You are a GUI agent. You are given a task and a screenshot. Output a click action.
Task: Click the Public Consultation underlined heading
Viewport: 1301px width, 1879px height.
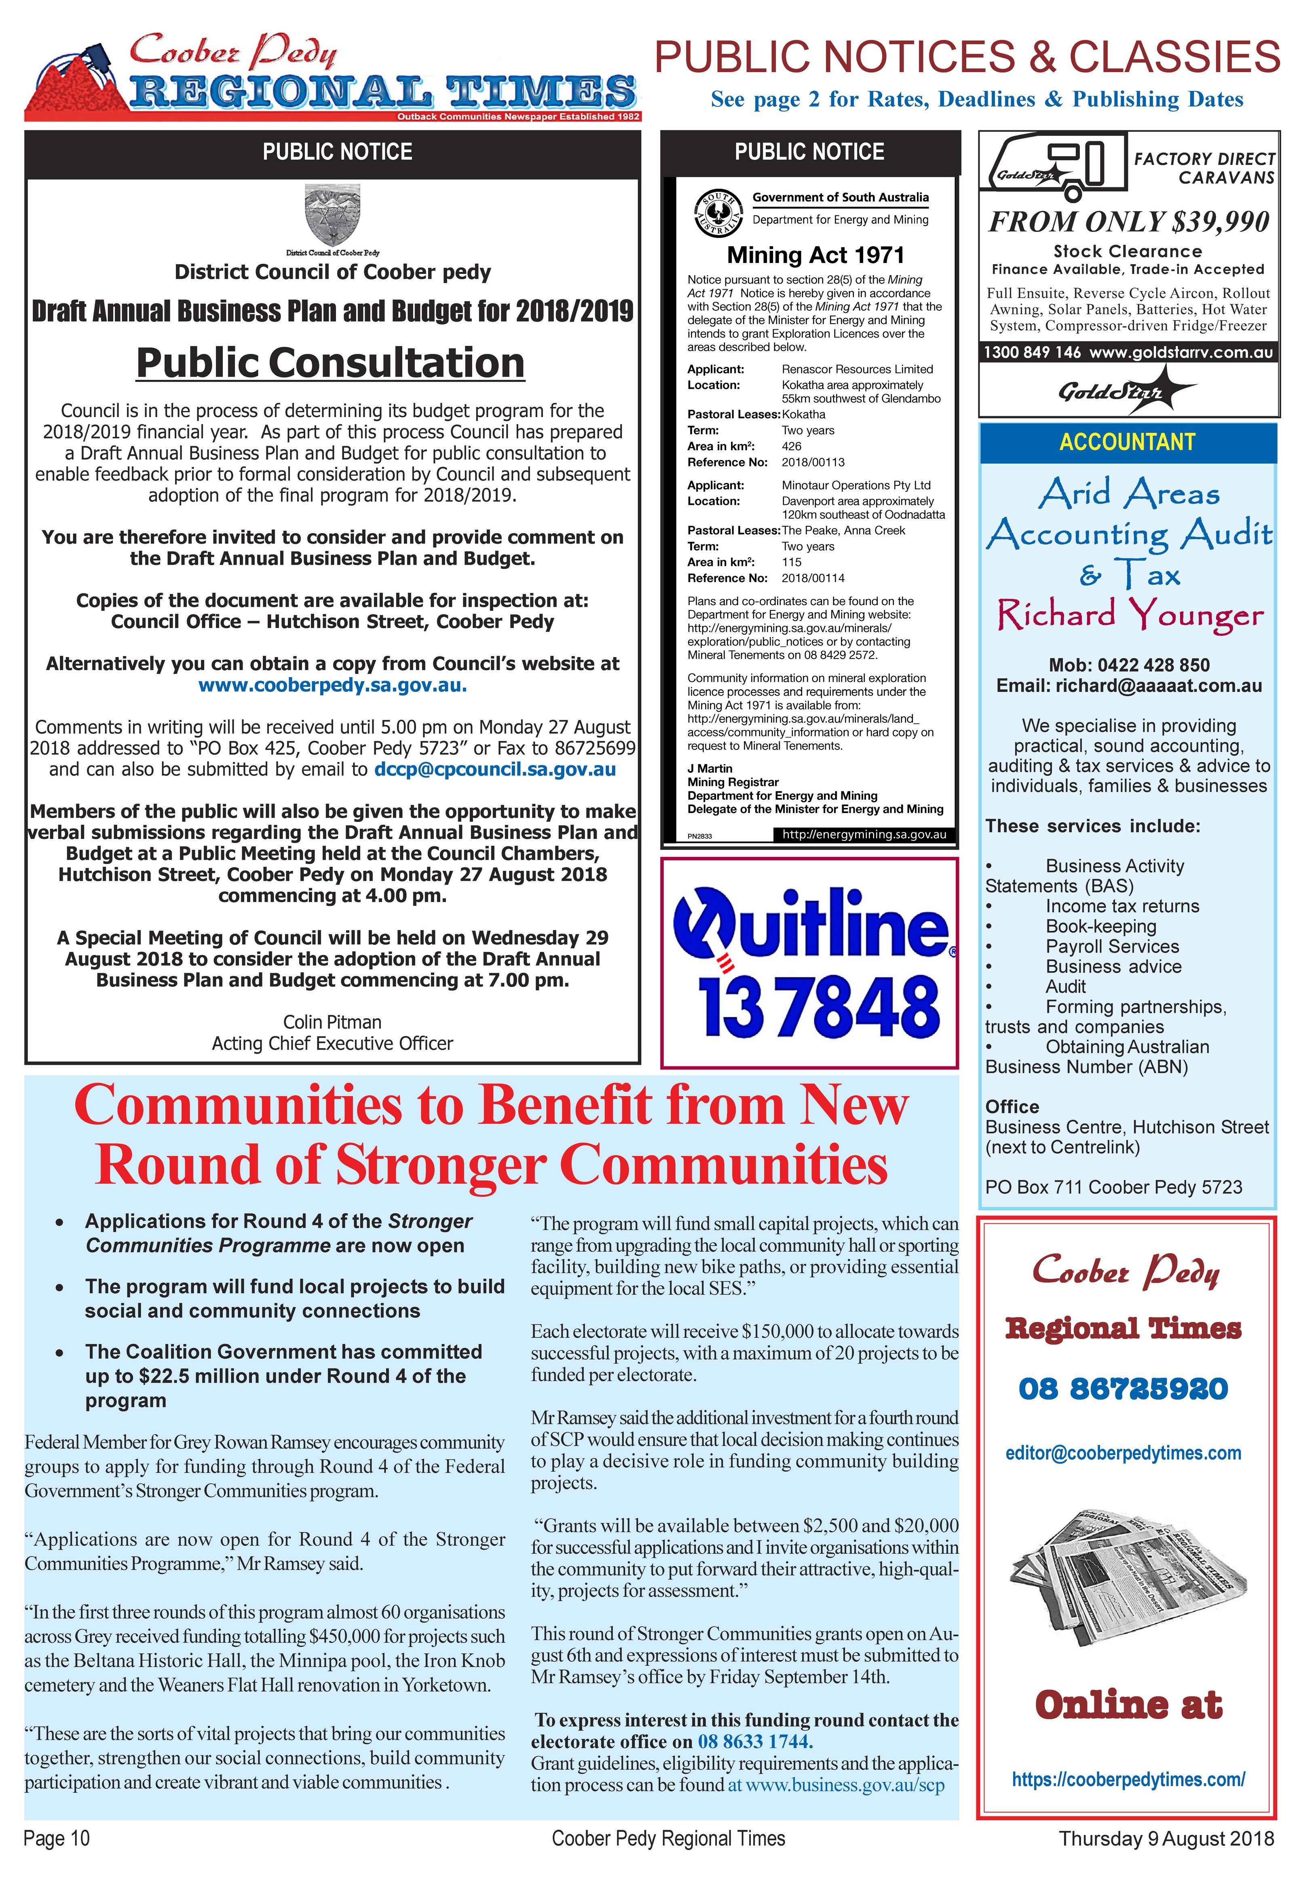tap(330, 363)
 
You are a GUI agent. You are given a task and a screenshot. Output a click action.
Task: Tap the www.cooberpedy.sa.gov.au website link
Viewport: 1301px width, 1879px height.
tap(333, 685)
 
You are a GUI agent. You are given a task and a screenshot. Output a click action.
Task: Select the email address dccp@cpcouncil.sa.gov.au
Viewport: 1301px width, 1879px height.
tap(495, 769)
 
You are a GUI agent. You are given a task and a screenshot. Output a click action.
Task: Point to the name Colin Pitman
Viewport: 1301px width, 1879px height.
tap(332, 1022)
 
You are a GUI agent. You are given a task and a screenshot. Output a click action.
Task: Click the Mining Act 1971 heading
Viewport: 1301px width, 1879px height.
tap(815, 255)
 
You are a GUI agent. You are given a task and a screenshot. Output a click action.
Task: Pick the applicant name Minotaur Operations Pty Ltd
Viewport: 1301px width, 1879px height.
tap(856, 485)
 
